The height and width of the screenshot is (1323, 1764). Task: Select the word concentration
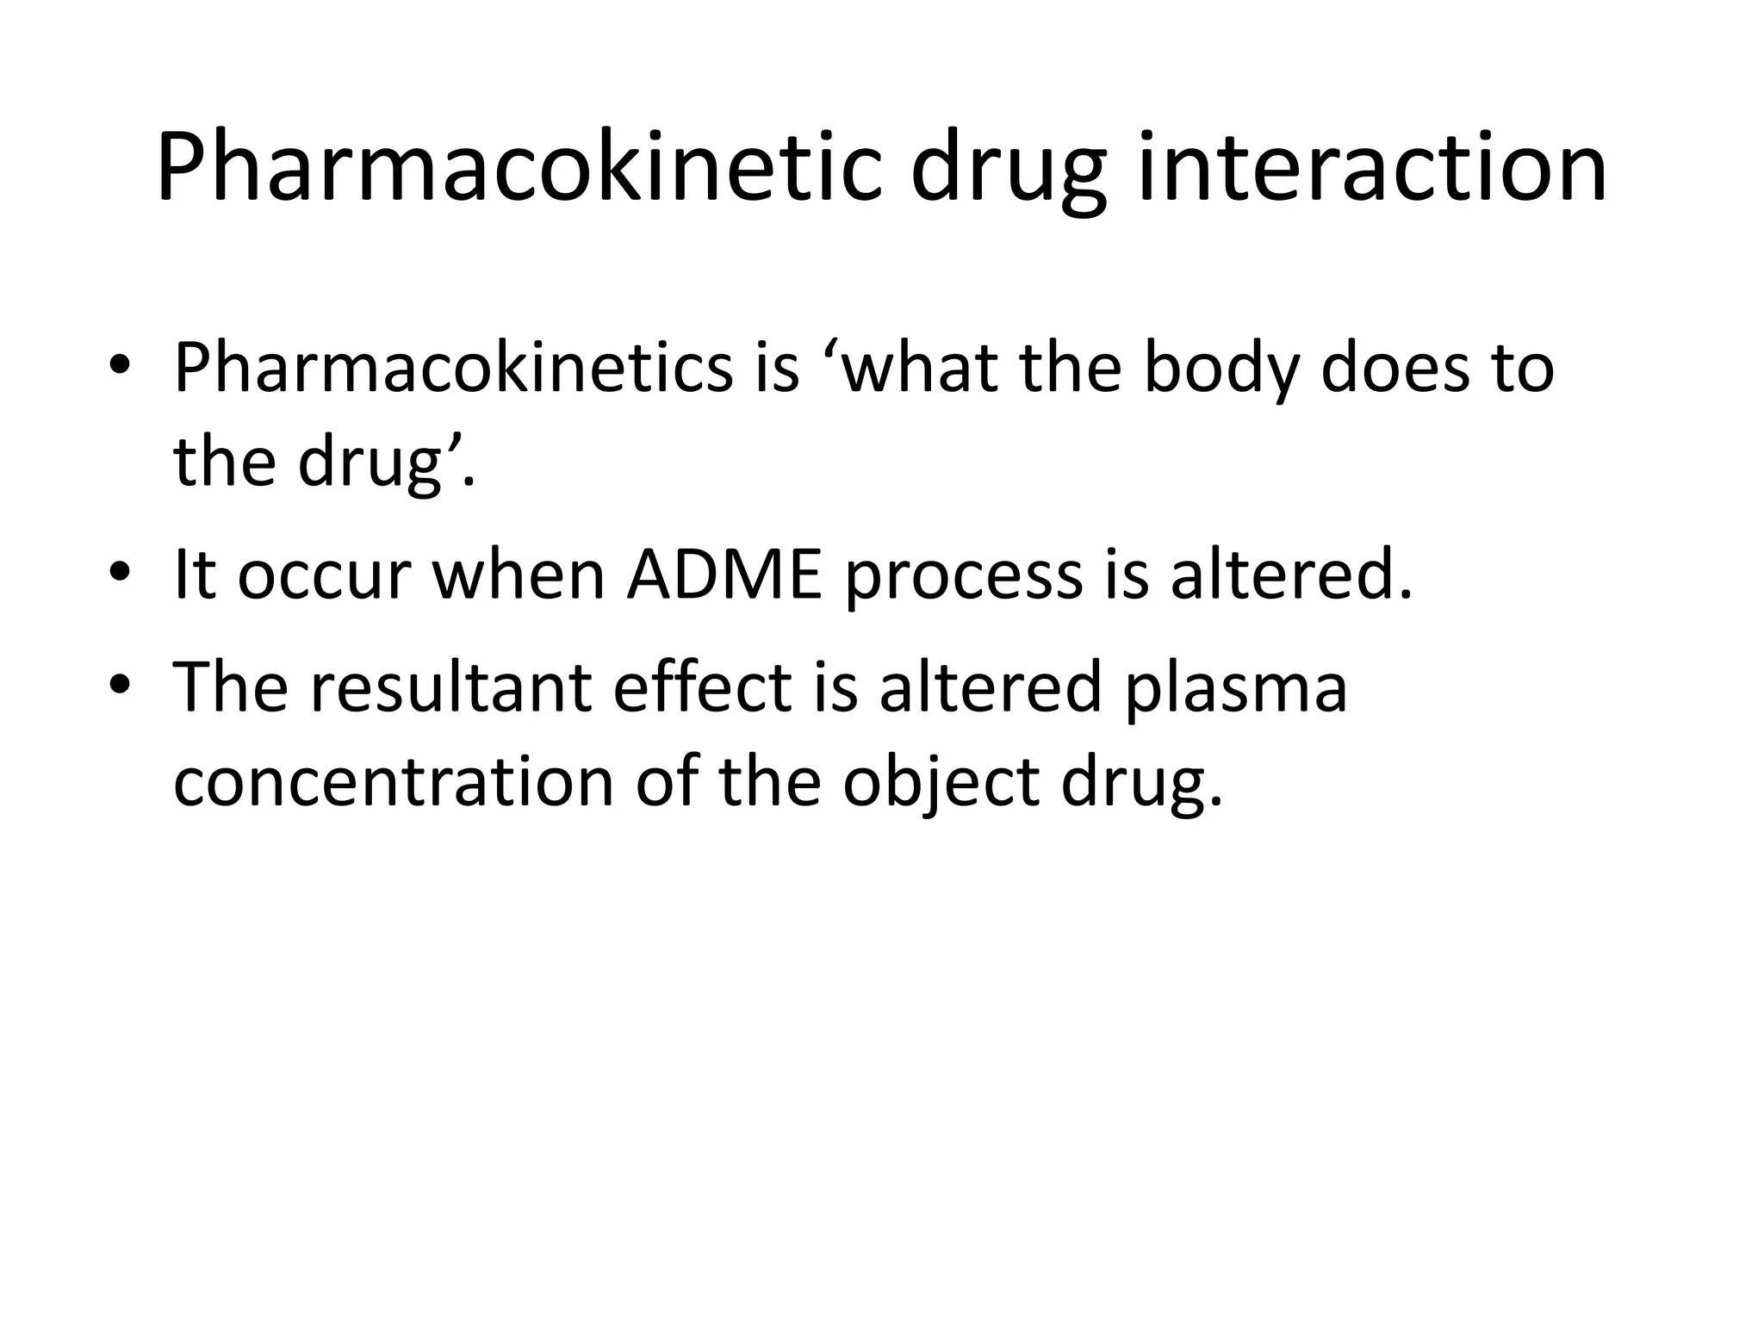pos(394,783)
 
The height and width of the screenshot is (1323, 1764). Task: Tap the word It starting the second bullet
pos(195,575)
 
